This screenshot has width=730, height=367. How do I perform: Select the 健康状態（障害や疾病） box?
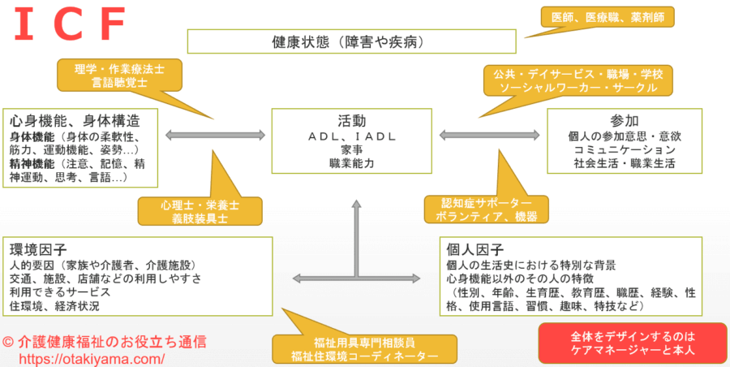coord(351,41)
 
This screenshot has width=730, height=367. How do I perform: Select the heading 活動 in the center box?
coord(352,119)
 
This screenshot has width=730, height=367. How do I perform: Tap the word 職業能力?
coord(352,163)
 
